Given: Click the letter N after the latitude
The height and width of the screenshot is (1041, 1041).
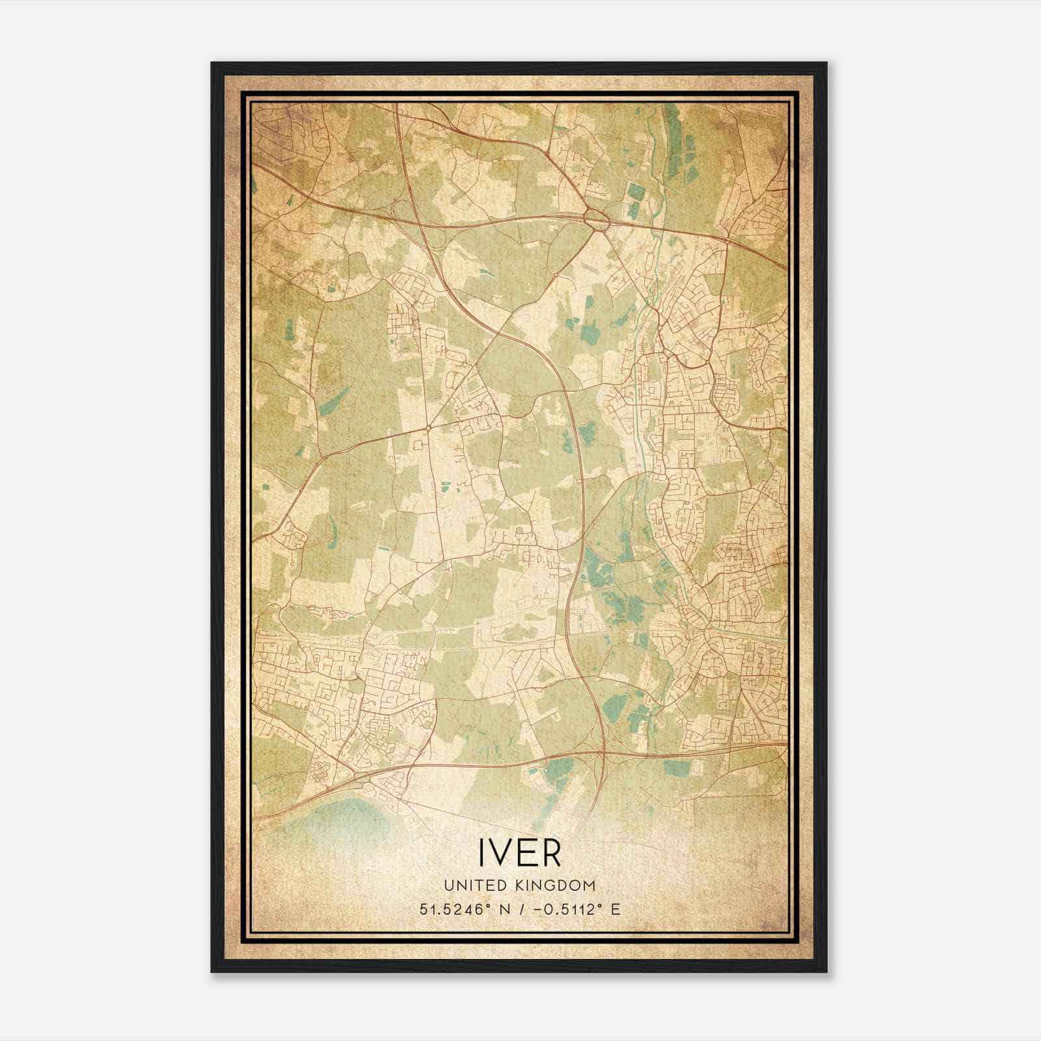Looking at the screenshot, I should point(501,910).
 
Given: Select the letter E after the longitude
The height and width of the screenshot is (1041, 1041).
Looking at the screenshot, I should point(615,910).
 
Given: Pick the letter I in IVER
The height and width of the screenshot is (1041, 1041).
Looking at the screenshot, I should point(483,852).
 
